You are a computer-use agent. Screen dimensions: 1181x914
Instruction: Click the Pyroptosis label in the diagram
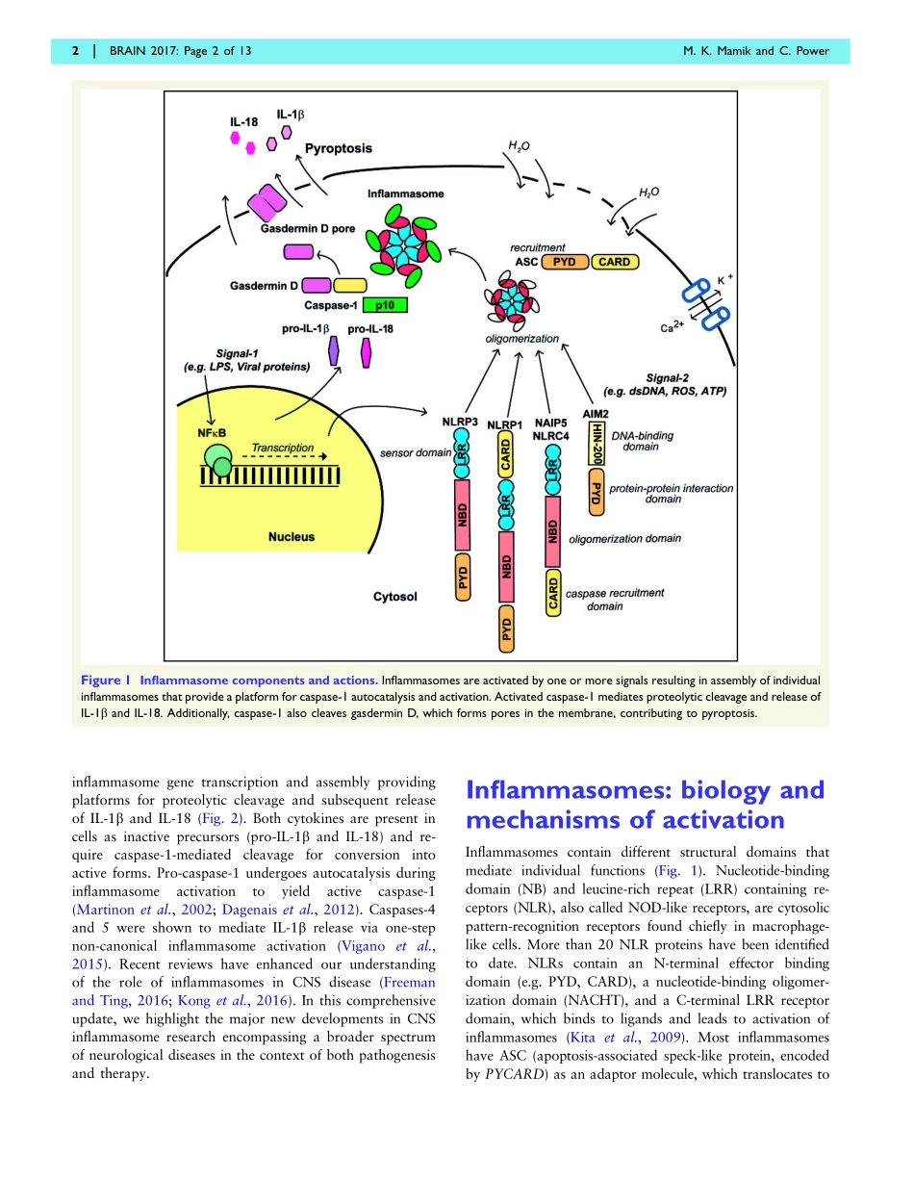339,148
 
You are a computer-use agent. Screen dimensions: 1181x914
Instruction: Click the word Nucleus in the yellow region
292,536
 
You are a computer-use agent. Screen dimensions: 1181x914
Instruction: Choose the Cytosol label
395,597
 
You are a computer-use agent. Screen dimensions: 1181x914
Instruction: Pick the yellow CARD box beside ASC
614,262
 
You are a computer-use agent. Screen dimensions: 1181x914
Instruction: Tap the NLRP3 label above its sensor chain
460,422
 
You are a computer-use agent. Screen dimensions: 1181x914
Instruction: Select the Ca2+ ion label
672,327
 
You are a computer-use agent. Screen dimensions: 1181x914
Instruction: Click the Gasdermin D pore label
304,230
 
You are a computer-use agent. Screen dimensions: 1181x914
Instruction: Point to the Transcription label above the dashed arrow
283,448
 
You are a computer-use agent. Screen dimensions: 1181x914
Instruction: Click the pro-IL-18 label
370,328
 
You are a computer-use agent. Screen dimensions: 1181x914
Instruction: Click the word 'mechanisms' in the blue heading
543,820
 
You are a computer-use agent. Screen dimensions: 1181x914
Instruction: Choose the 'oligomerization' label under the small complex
522,339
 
